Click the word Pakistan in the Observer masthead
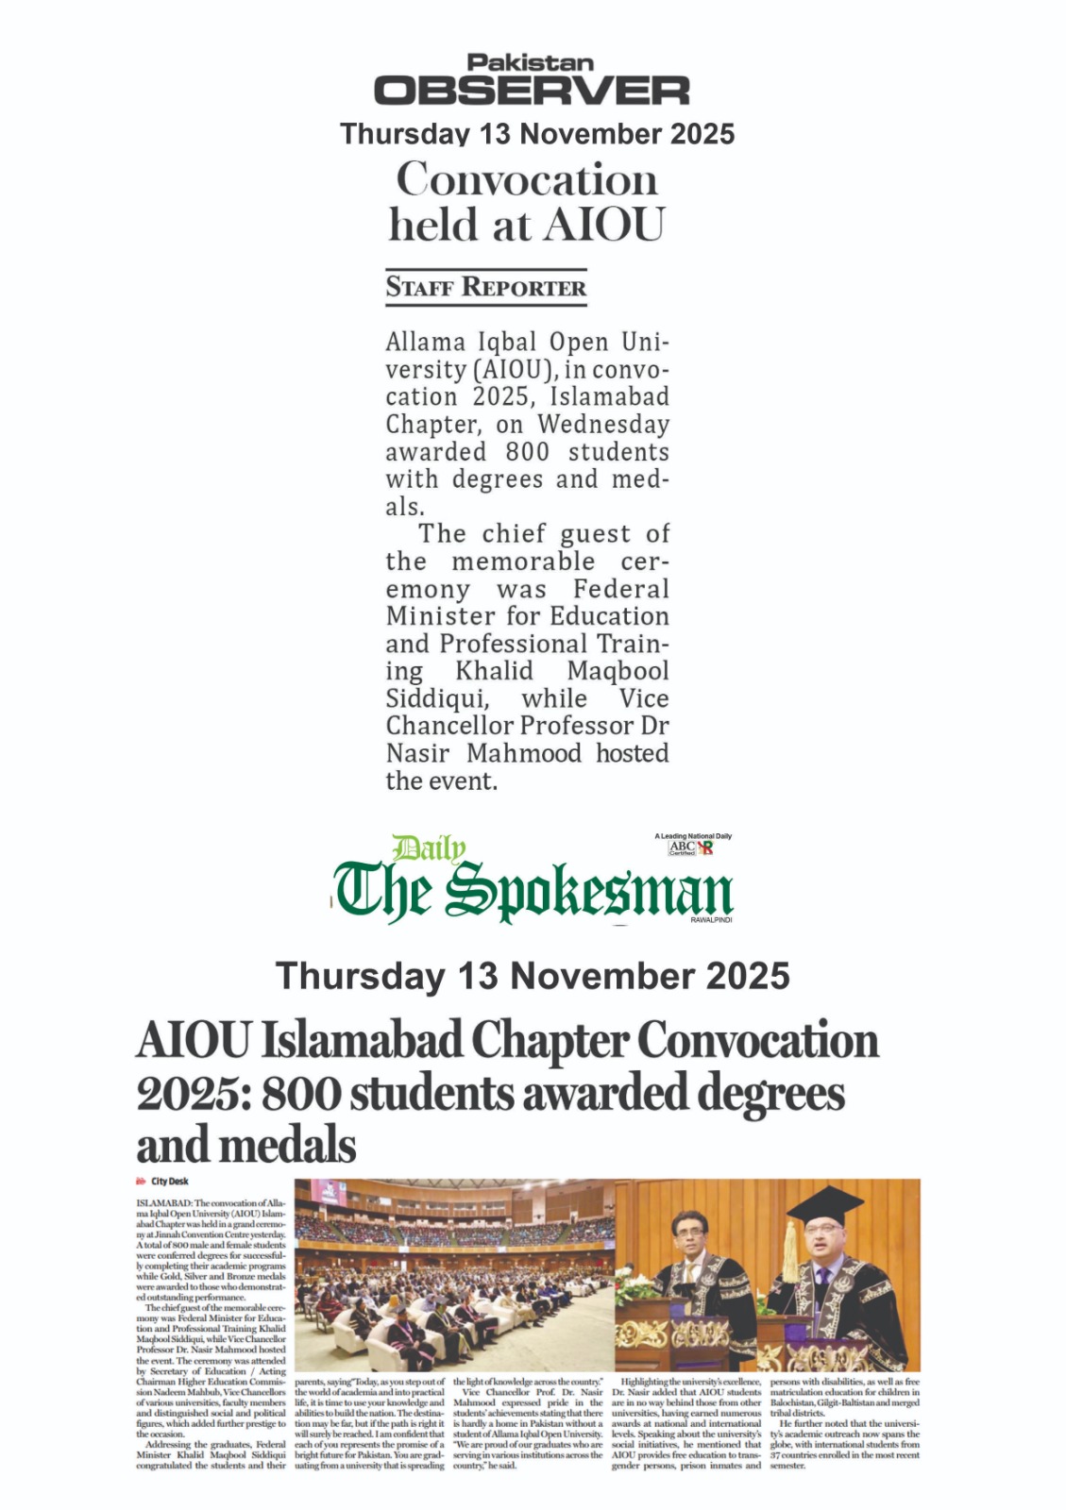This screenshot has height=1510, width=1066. pos(531,63)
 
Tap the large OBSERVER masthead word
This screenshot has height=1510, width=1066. pos(532,92)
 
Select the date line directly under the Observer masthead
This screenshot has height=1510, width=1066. pos(536,134)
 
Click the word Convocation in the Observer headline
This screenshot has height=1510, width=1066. pos(526,179)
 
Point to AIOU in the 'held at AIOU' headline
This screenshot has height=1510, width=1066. pos(604,226)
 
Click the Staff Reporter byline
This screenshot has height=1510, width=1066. pos(485,288)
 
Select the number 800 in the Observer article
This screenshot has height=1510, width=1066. pos(527,452)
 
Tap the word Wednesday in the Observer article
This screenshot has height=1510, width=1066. pos(603,425)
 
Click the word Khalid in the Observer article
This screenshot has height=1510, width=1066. pos(494,671)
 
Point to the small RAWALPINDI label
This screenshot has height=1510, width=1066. pos(711,919)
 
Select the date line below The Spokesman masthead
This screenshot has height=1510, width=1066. pos(533,976)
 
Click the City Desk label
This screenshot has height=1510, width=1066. pos(169,1182)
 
